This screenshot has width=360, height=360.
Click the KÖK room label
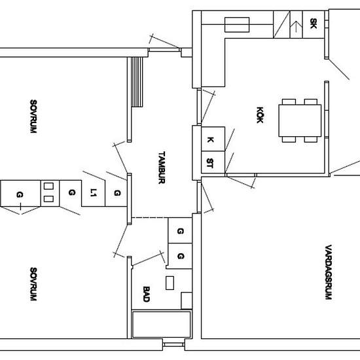pyautogui.click(x=260, y=115)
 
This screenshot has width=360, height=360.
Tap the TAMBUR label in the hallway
pyautogui.click(x=162, y=168)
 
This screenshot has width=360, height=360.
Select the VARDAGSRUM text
pyautogui.click(x=329, y=272)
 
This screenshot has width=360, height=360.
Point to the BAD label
pyautogui.click(x=147, y=294)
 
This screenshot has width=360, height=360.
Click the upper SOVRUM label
pyautogui.click(x=33, y=117)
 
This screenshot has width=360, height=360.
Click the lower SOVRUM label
pyautogui.click(x=33, y=284)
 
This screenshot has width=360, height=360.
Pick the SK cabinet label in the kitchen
pyautogui.click(x=314, y=24)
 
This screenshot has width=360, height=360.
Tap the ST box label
pyautogui.click(x=210, y=163)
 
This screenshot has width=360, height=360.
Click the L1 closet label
pyautogui.click(x=93, y=192)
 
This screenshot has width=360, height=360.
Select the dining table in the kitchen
pyautogui.click(x=300, y=121)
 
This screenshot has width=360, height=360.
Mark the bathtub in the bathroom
pyautogui.click(x=162, y=325)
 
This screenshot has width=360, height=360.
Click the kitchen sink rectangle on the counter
pyautogui.click(x=237, y=25)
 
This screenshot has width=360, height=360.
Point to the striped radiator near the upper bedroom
pyautogui.click(x=137, y=82)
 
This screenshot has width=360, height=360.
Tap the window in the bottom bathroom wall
pyautogui.click(x=174, y=344)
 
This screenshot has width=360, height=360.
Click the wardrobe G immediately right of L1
pyautogui.click(x=117, y=193)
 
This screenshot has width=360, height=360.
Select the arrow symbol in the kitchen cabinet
pyautogui.click(x=296, y=26)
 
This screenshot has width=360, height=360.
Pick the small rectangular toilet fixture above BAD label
pyautogui.click(x=170, y=283)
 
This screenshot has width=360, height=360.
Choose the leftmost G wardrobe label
pyautogui.click(x=20, y=195)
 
